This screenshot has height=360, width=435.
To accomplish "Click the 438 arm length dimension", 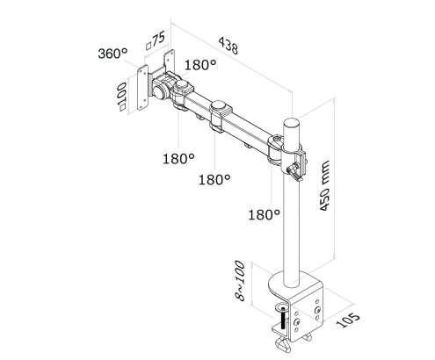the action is [x=228, y=46].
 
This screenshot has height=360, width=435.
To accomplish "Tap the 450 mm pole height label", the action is [x=325, y=185].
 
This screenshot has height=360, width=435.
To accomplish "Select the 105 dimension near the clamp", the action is [x=348, y=320].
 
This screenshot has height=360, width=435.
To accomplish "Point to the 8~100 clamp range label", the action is [x=240, y=280].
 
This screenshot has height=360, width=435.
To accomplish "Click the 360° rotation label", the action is [x=112, y=54].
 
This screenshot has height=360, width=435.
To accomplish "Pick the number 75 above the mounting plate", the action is [x=159, y=39].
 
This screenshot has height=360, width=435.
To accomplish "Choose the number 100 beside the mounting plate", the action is [x=121, y=92].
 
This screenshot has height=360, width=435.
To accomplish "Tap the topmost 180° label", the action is [x=200, y=65].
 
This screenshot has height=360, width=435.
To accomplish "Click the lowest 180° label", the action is [x=264, y=214].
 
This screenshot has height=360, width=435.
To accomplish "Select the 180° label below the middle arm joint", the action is [x=214, y=179].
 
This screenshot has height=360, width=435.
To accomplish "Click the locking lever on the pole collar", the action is [x=294, y=172].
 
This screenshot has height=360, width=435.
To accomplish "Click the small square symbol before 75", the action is [x=149, y=46].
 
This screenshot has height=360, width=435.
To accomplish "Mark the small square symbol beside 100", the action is [x=121, y=107].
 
